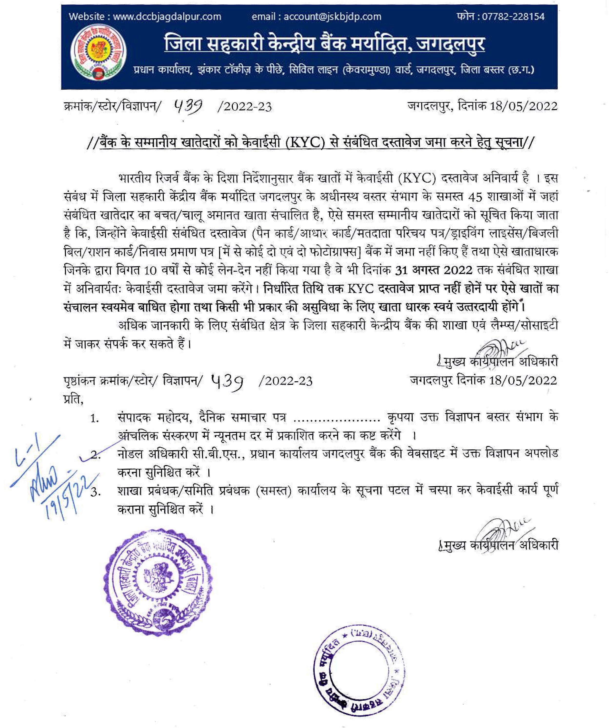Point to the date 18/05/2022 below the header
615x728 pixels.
point(523,106)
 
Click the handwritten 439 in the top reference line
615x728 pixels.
point(188,105)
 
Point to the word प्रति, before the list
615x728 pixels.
point(73,399)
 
